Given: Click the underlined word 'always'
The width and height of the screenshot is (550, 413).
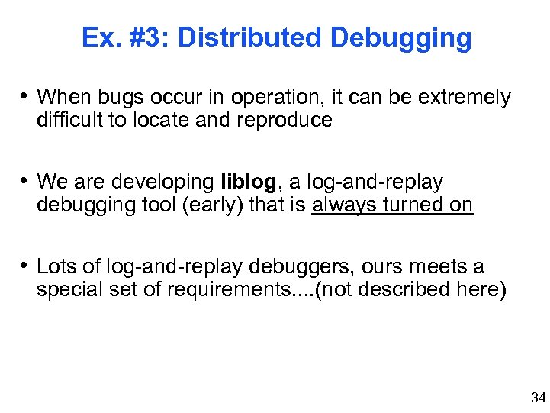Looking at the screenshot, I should [341, 205].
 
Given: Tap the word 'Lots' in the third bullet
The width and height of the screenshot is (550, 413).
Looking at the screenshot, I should [55, 267].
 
